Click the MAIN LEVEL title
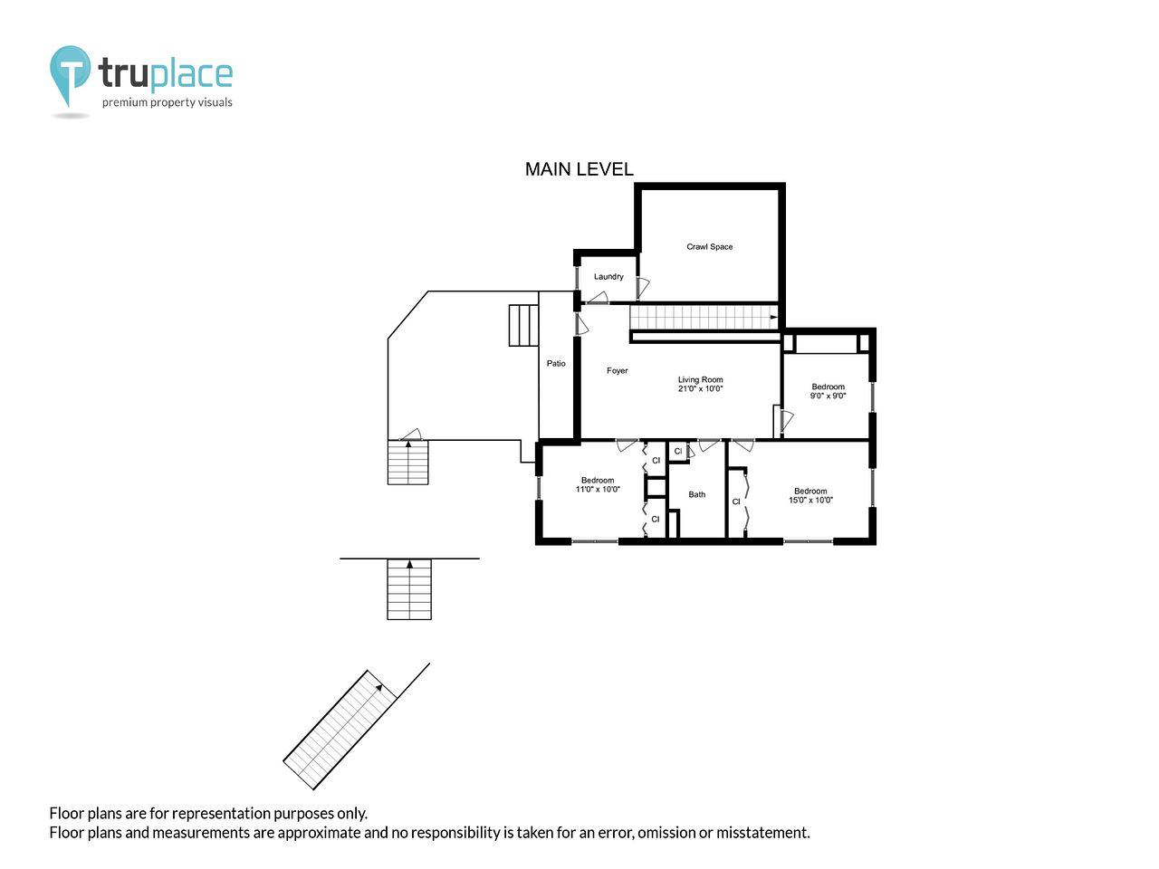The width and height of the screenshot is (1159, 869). point(579,169)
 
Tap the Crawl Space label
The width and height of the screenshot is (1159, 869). point(709,246)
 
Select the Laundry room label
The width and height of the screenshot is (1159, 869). point(608,276)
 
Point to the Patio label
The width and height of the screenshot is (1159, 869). point(555,364)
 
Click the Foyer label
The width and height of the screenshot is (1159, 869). point(617,371)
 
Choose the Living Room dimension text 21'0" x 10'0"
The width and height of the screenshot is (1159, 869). point(700,389)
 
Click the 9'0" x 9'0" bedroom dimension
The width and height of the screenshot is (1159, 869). point(828,396)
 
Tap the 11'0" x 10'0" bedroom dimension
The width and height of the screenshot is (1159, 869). point(598,489)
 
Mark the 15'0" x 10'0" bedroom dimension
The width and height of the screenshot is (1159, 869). point(810,501)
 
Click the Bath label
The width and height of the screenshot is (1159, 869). point(696,495)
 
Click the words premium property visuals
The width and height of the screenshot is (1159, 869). point(167,102)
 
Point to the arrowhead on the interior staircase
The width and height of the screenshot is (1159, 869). point(773,318)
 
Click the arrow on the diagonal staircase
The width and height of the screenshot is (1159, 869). point(378,687)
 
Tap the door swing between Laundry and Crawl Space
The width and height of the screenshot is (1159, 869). point(643,288)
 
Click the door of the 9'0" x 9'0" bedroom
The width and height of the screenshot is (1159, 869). point(787,421)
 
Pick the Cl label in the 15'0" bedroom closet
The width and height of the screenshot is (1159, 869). point(736,501)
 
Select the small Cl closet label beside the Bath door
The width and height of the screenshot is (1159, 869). point(678,451)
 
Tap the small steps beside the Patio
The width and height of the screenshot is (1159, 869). point(523,326)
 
